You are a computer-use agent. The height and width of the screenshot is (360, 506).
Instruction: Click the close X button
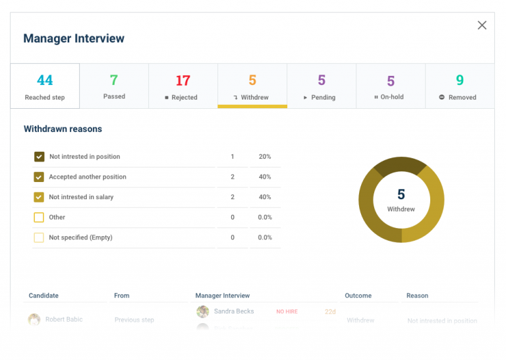(482, 25)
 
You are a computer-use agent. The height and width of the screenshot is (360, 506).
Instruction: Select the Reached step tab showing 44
(45, 86)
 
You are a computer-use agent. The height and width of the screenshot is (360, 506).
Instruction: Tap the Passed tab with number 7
(114, 86)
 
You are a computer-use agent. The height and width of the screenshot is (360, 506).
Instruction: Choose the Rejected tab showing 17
(183, 86)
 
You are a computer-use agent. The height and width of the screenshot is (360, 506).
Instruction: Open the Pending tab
(321, 86)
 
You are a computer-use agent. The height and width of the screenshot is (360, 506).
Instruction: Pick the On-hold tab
(390, 86)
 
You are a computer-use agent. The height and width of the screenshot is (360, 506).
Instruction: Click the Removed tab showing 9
(459, 86)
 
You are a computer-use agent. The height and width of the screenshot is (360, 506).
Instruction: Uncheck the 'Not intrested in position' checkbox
(39, 157)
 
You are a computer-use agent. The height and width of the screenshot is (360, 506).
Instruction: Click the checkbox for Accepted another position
(39, 177)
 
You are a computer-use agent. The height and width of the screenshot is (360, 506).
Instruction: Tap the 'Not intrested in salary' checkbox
(39, 197)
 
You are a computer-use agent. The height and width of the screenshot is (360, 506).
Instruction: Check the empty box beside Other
(39, 217)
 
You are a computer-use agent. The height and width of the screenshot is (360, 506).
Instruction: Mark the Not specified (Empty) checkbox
(39, 237)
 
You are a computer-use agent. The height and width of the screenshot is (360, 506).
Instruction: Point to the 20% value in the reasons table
(264, 157)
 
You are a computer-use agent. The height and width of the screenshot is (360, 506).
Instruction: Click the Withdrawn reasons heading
(63, 129)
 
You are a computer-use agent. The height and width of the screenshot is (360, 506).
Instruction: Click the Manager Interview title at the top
(74, 38)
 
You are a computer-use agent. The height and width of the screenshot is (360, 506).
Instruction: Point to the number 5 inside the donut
(401, 195)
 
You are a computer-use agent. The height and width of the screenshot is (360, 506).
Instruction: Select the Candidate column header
(43, 295)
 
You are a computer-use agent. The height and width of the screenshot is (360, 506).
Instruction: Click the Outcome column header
(358, 295)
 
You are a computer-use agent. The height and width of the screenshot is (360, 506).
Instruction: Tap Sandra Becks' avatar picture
(203, 311)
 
